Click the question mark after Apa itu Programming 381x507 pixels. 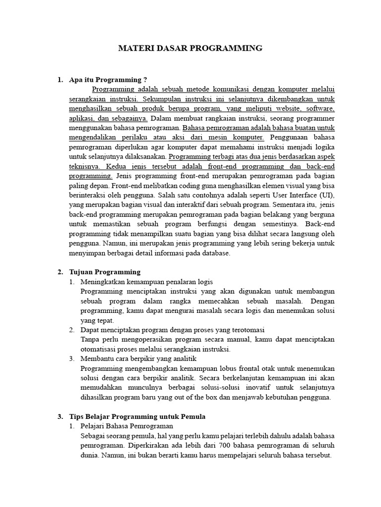pyautogui.click(x=145, y=80)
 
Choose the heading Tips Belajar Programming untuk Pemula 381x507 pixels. pyautogui.click(x=137, y=416)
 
